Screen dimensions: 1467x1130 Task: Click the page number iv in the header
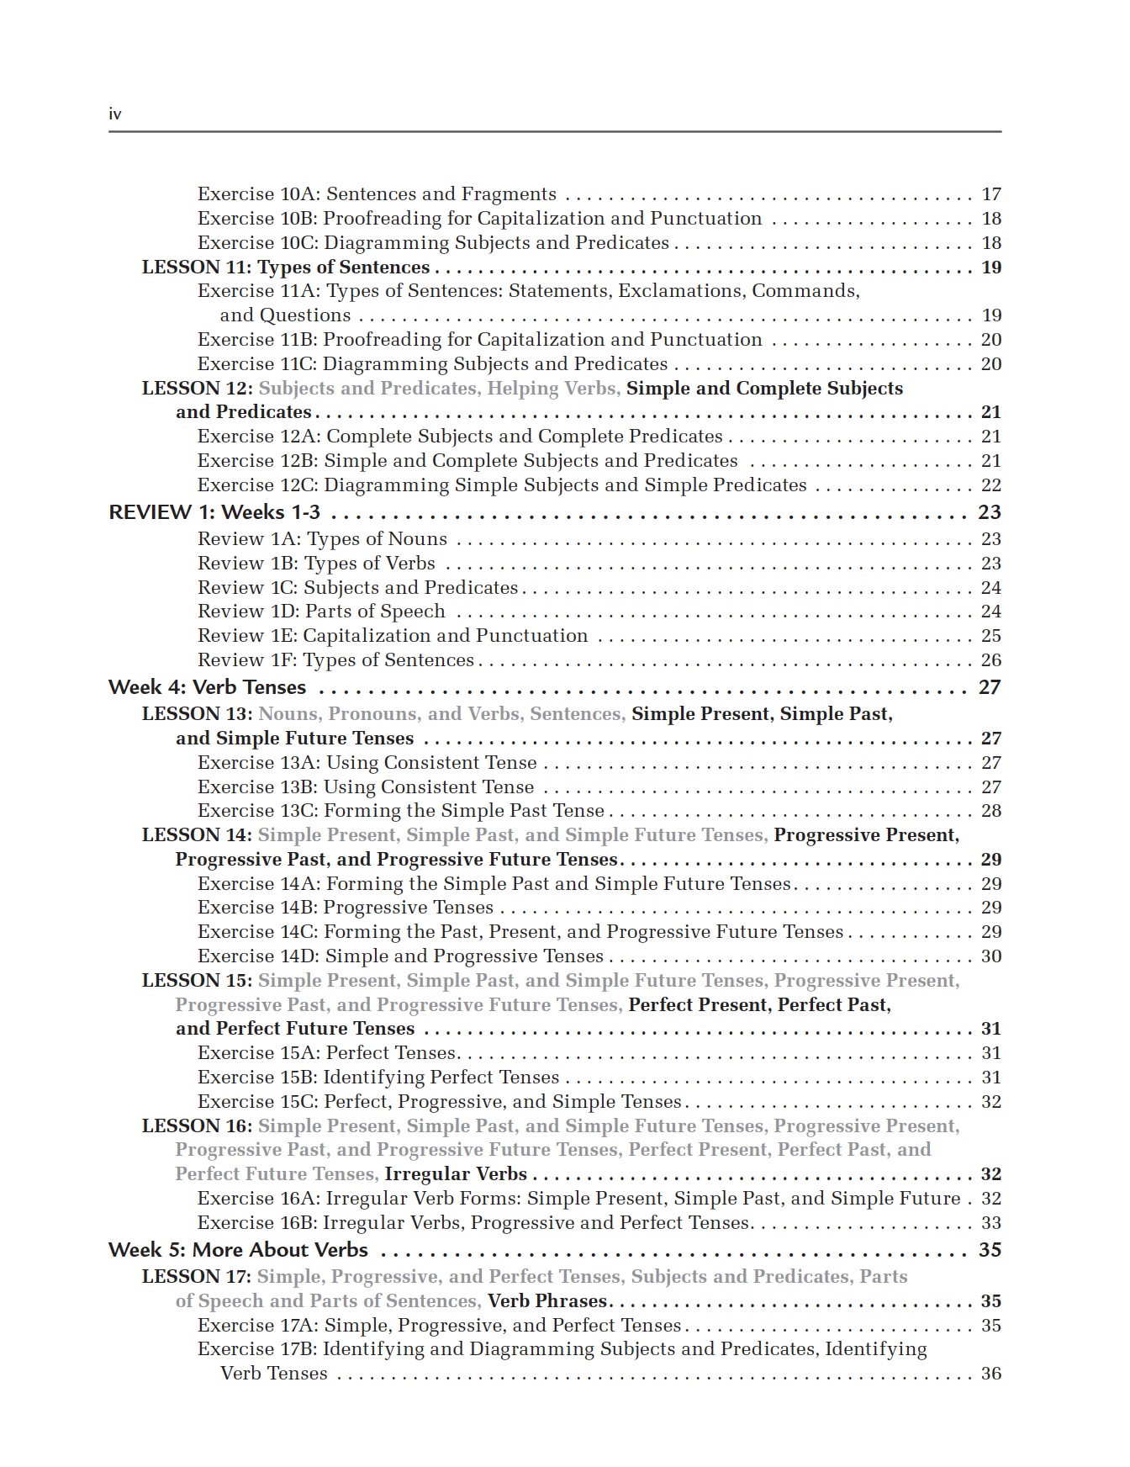115,114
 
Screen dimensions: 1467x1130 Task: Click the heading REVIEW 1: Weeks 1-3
214,512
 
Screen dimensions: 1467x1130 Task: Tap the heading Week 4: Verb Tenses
207,687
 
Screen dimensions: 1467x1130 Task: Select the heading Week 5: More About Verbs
238,1250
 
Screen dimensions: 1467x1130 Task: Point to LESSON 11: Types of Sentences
286,267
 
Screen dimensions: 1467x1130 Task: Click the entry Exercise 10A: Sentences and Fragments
377,194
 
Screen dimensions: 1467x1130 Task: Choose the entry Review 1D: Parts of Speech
321,612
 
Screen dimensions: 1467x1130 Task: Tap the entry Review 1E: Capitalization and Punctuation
393,636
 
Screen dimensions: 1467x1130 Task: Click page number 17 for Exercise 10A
991,194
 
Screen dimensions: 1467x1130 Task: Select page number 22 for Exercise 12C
991,485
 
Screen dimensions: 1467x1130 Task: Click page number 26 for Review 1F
991,660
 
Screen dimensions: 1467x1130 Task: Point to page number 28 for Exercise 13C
991,811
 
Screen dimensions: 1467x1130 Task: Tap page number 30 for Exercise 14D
991,956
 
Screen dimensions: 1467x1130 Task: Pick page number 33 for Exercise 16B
991,1223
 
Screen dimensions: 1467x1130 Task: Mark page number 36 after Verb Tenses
991,1374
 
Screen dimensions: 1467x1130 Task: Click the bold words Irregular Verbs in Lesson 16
456,1174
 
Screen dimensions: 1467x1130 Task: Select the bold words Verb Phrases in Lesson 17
547,1301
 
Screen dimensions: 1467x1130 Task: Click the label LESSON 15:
197,981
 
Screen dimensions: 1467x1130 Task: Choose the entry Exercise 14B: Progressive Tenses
346,908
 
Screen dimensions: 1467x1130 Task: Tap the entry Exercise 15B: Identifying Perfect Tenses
378,1078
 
